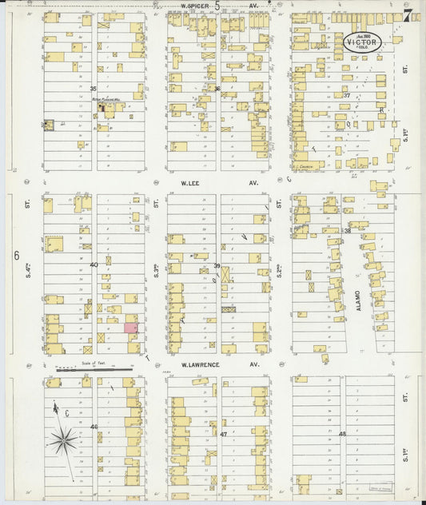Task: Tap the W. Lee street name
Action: (x=189, y=182)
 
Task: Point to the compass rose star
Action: (x=64, y=439)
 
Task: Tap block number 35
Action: (x=93, y=89)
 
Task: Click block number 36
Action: (x=217, y=89)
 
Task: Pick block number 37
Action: (x=347, y=95)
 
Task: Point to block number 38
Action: (x=348, y=230)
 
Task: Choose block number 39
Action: (x=217, y=265)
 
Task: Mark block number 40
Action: (x=94, y=264)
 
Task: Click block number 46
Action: (x=94, y=427)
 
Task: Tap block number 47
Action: (x=224, y=434)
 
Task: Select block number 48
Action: (x=342, y=434)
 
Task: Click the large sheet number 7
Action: (x=408, y=16)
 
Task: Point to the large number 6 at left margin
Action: (x=15, y=256)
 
